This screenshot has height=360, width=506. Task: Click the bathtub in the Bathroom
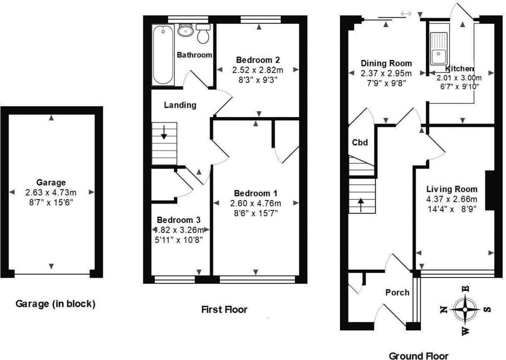tap(163, 56)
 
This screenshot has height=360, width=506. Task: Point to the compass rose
tap(465, 310)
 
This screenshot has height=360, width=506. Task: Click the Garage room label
tap(51, 182)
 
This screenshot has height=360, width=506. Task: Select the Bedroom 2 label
tap(258, 60)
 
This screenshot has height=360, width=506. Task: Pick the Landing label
tap(180, 105)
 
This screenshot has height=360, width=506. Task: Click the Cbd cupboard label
tap(360, 143)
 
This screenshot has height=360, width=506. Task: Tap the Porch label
tap(397, 292)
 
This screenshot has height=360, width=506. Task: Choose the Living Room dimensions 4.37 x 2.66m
tap(452, 199)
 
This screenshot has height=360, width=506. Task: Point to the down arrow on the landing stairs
tap(163, 133)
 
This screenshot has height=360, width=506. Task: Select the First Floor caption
tap(224, 310)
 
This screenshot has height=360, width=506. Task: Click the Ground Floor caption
tap(418, 356)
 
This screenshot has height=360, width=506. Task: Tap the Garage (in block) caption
tap(55, 304)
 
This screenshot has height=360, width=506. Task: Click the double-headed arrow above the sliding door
tap(406, 14)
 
